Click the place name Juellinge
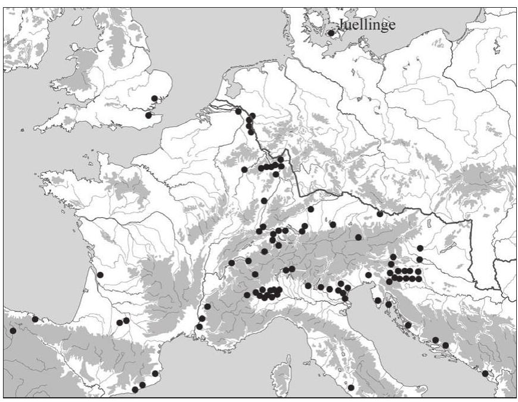pyautogui.click(x=367, y=24)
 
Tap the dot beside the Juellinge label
pyautogui.click(x=331, y=33)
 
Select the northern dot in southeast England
pyautogui.click(x=154, y=98)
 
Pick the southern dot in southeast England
pyautogui.click(x=149, y=115)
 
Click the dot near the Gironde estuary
pyautogui.click(x=100, y=275)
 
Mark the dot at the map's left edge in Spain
pyautogui.click(x=13, y=330)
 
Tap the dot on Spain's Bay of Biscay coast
pyautogui.click(x=35, y=319)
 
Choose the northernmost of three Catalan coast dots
pyautogui.click(x=155, y=373)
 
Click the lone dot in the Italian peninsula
pyautogui.click(x=351, y=388)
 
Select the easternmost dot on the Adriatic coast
pyautogui.click(x=485, y=373)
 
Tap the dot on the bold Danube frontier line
pyautogui.click(x=380, y=214)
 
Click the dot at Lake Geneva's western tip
pyautogui.click(x=231, y=263)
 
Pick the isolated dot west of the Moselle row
pyautogui.click(x=244, y=169)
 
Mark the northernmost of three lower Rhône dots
pyautogui.click(x=207, y=306)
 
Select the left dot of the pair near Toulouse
pyautogui.click(x=119, y=323)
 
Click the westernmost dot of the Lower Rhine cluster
pyautogui.click(x=238, y=111)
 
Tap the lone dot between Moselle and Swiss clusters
pyautogui.click(x=263, y=200)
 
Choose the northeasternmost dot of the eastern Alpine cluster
pyautogui.click(x=420, y=248)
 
